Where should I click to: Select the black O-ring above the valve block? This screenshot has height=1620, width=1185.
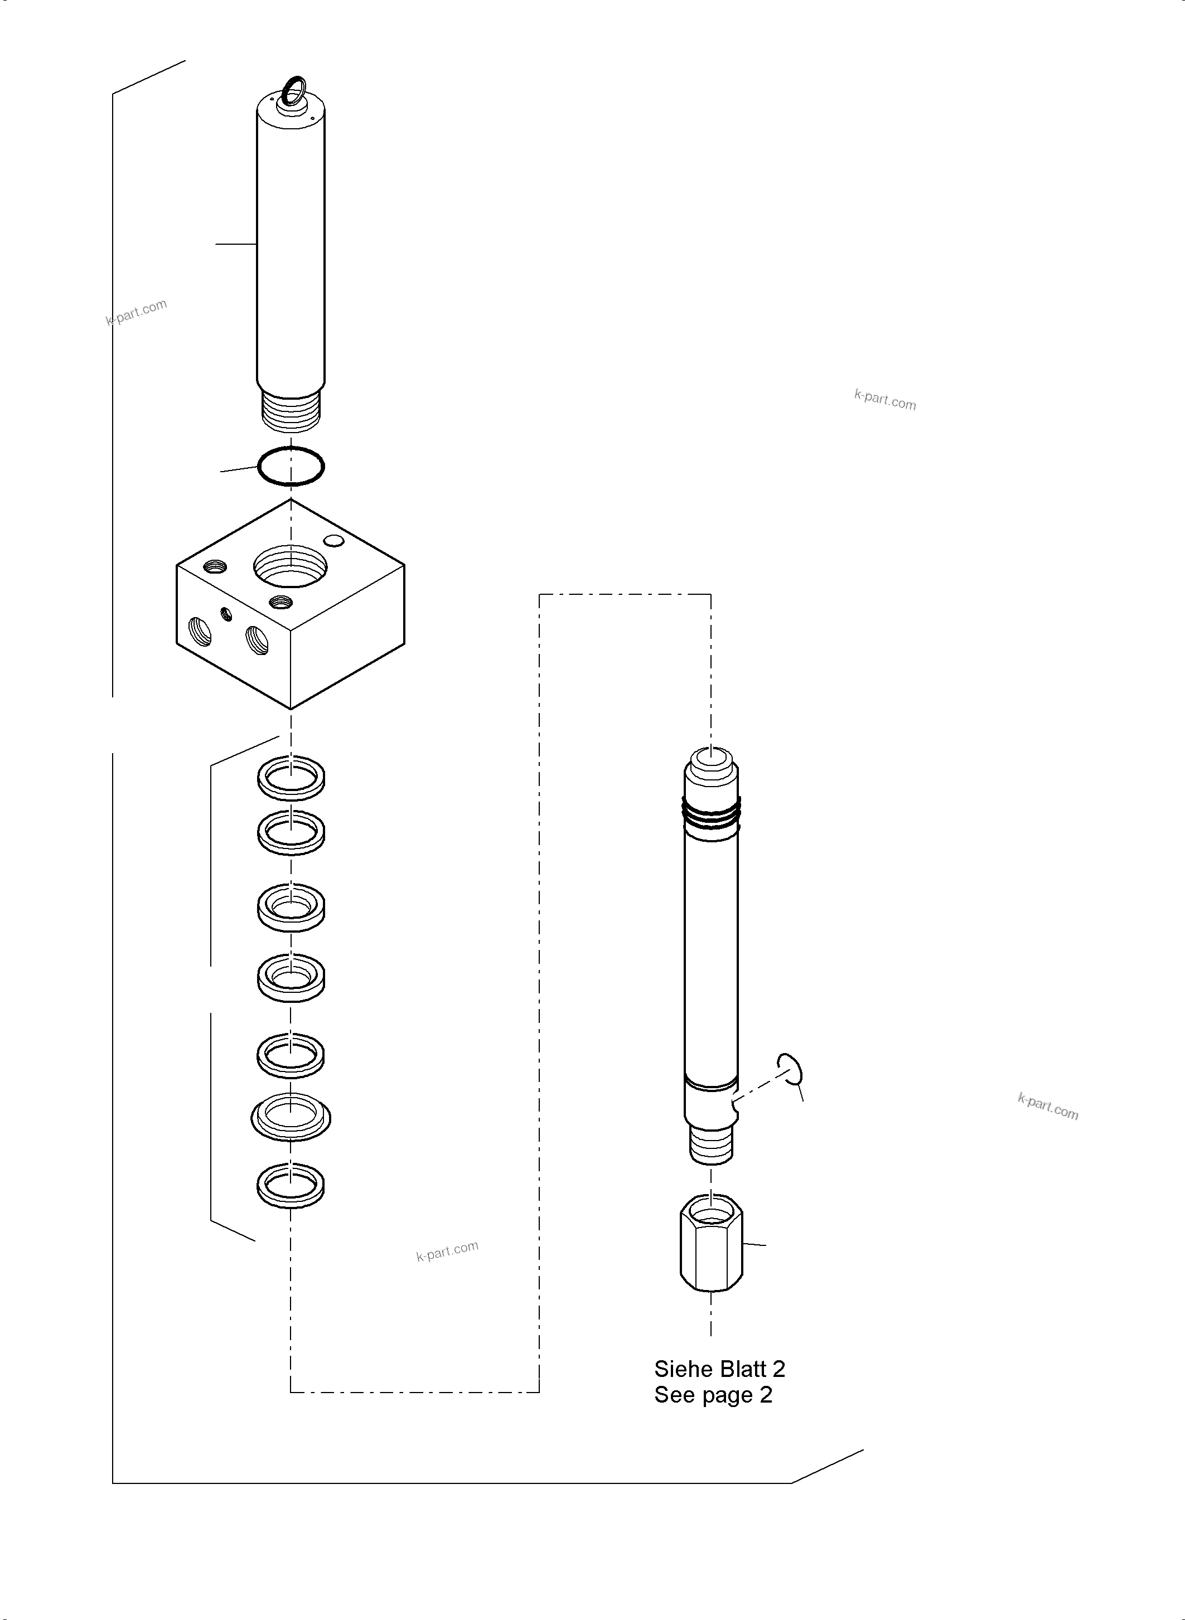click(x=291, y=466)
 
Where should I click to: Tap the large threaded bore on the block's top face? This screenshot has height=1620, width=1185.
click(x=291, y=566)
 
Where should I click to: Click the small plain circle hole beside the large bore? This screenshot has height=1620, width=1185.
click(x=334, y=540)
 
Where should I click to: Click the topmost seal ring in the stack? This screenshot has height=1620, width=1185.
click(x=291, y=777)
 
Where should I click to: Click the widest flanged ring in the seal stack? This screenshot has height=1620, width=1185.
click(x=291, y=1117)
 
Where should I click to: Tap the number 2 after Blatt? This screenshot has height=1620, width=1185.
click(x=778, y=1369)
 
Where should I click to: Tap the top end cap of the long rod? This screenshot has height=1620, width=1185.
click(x=711, y=766)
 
